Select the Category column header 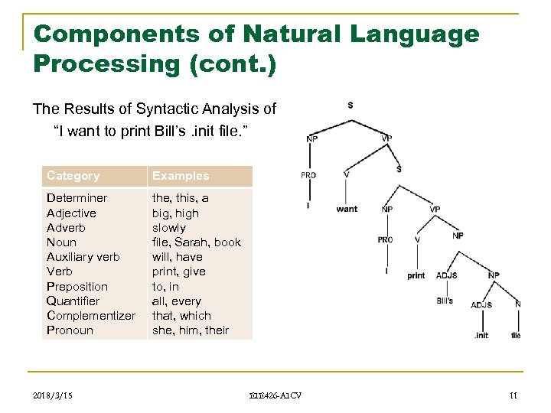[x=73, y=176]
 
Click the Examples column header [x=181, y=176]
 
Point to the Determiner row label [x=77, y=198]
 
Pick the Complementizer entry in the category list [x=91, y=316]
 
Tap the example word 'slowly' [x=169, y=228]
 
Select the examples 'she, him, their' [x=191, y=330]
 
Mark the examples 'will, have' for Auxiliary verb [x=178, y=257]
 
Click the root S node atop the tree [x=350, y=105]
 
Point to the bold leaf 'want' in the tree [x=347, y=209]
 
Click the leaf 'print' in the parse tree [x=416, y=275]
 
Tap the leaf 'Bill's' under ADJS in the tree [x=445, y=301]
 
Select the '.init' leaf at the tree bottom [x=481, y=336]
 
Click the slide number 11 [x=514, y=395]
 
